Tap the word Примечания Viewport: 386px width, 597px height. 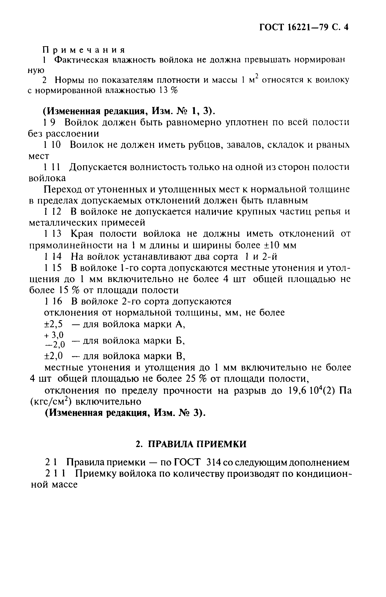[84, 50]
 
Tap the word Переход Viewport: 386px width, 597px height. [62, 190]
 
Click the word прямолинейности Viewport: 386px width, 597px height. [70, 245]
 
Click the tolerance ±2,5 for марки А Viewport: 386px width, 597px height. [53, 324]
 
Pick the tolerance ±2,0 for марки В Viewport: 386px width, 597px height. [53, 356]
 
